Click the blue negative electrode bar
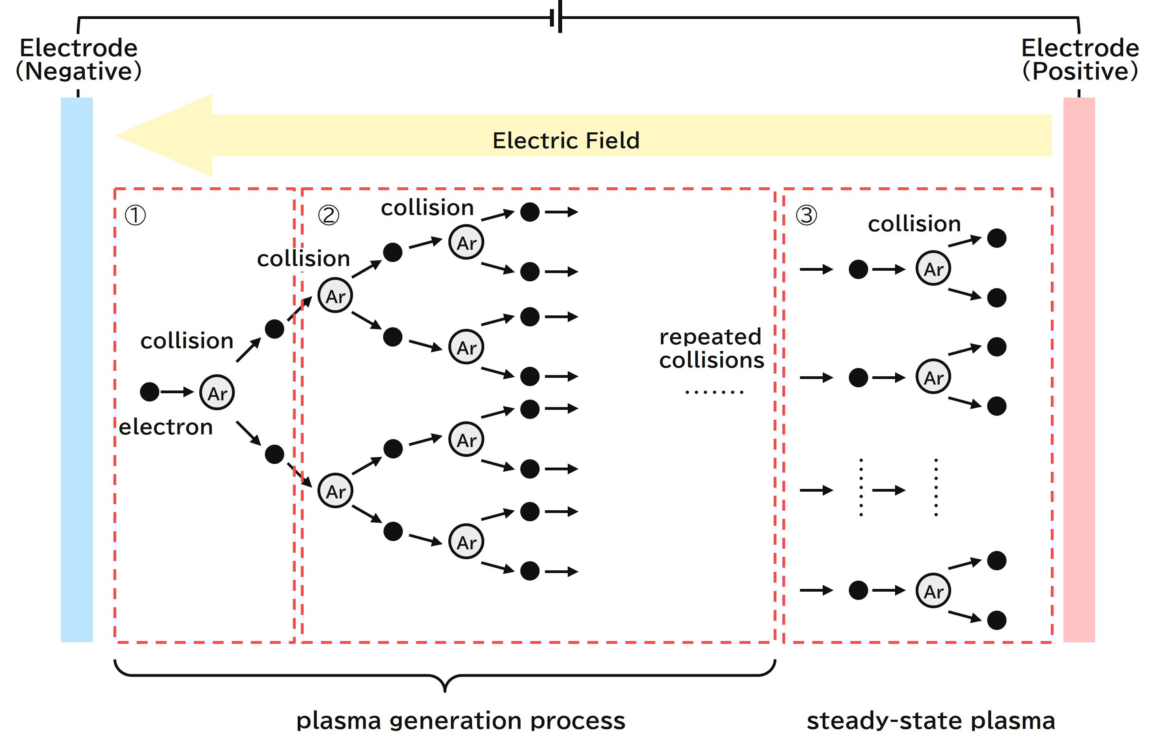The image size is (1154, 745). coord(76,370)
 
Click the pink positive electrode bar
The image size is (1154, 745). coord(1078,370)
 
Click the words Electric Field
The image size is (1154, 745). coord(566,141)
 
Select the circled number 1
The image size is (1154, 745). coord(135,215)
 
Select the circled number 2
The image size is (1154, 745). coord(329,215)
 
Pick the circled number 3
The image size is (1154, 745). coord(806,215)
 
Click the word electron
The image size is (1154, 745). coord(166,427)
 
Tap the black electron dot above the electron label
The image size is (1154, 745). coord(149,391)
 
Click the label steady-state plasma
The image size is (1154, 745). coord(931,721)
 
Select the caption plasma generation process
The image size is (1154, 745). coord(461,721)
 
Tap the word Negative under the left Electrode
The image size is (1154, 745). coord(79,72)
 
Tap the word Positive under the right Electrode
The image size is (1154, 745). coord(1080,72)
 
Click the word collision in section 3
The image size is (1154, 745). coord(914,224)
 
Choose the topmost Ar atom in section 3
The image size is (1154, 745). coord(933,268)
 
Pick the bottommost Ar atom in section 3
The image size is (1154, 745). coord(933,591)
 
